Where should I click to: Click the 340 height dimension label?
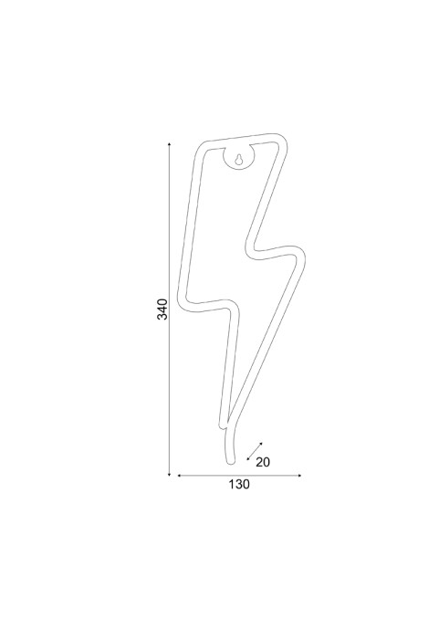click(x=162, y=309)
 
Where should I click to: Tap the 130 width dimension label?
click(x=239, y=484)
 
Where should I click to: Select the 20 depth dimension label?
click(x=263, y=462)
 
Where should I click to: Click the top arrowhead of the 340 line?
click(x=170, y=144)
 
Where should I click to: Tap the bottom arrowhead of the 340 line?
click(x=170, y=474)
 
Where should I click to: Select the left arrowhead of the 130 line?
click(x=179, y=476)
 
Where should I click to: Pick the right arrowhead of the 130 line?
click(x=299, y=476)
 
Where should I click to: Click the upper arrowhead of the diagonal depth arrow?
click(x=261, y=444)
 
